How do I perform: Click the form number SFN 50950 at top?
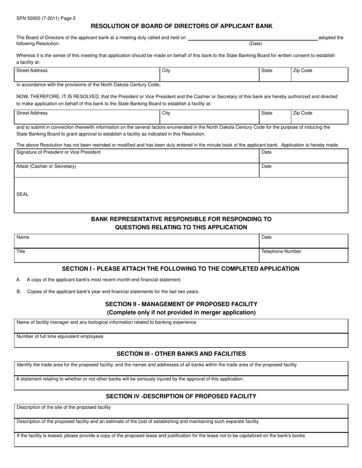point(34,18)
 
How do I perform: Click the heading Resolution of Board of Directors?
point(181,26)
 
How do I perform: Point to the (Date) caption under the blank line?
point(255,43)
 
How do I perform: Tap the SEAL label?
point(22,194)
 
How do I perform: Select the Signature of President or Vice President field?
point(136,156)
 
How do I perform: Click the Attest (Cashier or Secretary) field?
point(136,170)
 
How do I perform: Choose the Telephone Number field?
point(303,255)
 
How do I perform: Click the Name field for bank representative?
point(136,241)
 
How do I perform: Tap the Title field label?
point(21,252)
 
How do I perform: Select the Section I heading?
point(181,269)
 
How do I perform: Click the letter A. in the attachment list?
point(19,280)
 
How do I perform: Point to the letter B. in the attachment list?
point(19,292)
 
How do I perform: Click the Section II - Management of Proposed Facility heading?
point(181,304)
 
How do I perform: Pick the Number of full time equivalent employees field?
point(181,341)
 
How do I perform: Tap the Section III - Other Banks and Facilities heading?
point(181,353)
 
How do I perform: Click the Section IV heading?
point(181,396)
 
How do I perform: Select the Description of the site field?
point(181,411)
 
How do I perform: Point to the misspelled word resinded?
point(101,145)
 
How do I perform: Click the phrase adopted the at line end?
point(331,38)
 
